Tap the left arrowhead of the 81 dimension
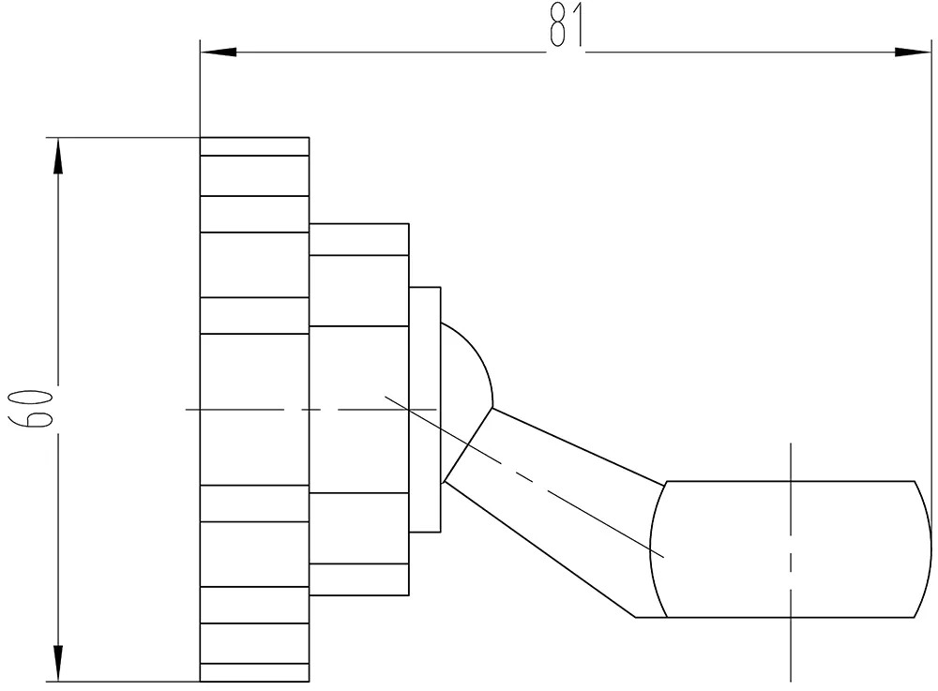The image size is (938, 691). (x=218, y=51)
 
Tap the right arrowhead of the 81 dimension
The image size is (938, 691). (x=915, y=51)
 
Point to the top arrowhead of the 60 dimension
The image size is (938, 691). (x=58, y=156)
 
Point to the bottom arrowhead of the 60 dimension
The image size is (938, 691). (x=58, y=664)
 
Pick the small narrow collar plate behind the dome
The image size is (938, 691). (x=425, y=409)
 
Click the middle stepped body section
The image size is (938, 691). (x=359, y=409)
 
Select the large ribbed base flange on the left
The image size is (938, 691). (x=254, y=409)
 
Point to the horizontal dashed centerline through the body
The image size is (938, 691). (x=281, y=410)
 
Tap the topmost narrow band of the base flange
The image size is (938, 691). (x=254, y=146)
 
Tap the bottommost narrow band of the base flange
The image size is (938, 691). (x=254, y=672)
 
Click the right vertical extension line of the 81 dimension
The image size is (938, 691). (x=931, y=281)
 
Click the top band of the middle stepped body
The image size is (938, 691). (x=359, y=239)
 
